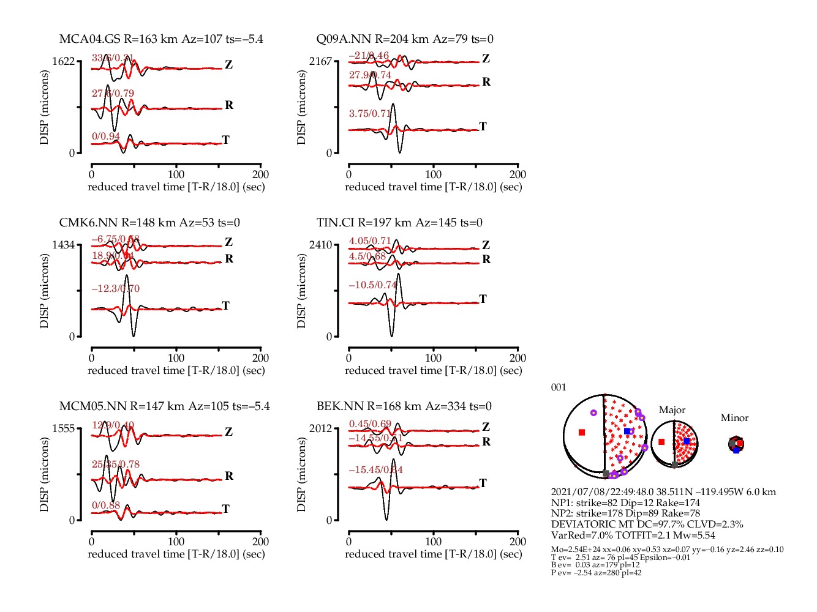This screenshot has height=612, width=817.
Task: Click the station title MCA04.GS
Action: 90,39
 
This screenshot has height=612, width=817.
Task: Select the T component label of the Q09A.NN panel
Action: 483,126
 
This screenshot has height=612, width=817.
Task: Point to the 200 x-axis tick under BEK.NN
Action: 518,541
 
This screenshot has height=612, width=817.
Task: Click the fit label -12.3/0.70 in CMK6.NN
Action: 115,288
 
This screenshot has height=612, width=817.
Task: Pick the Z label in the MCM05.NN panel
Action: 228,431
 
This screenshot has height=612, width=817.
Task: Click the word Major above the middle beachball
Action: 672,410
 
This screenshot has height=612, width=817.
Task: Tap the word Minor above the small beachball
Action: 734,418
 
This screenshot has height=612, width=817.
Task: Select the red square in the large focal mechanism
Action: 582,433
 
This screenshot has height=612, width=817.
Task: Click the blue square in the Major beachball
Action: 687,441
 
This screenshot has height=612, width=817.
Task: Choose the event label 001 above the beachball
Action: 559,387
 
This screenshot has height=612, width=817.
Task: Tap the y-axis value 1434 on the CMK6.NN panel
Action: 64,245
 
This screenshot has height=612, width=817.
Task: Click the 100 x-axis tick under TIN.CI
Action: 433,357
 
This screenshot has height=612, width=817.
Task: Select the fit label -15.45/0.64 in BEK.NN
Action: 376,469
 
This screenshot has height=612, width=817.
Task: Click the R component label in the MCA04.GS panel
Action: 229,105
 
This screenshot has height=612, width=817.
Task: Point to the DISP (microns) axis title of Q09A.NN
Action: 301,107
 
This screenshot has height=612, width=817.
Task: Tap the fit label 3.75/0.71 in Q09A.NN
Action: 370,113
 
